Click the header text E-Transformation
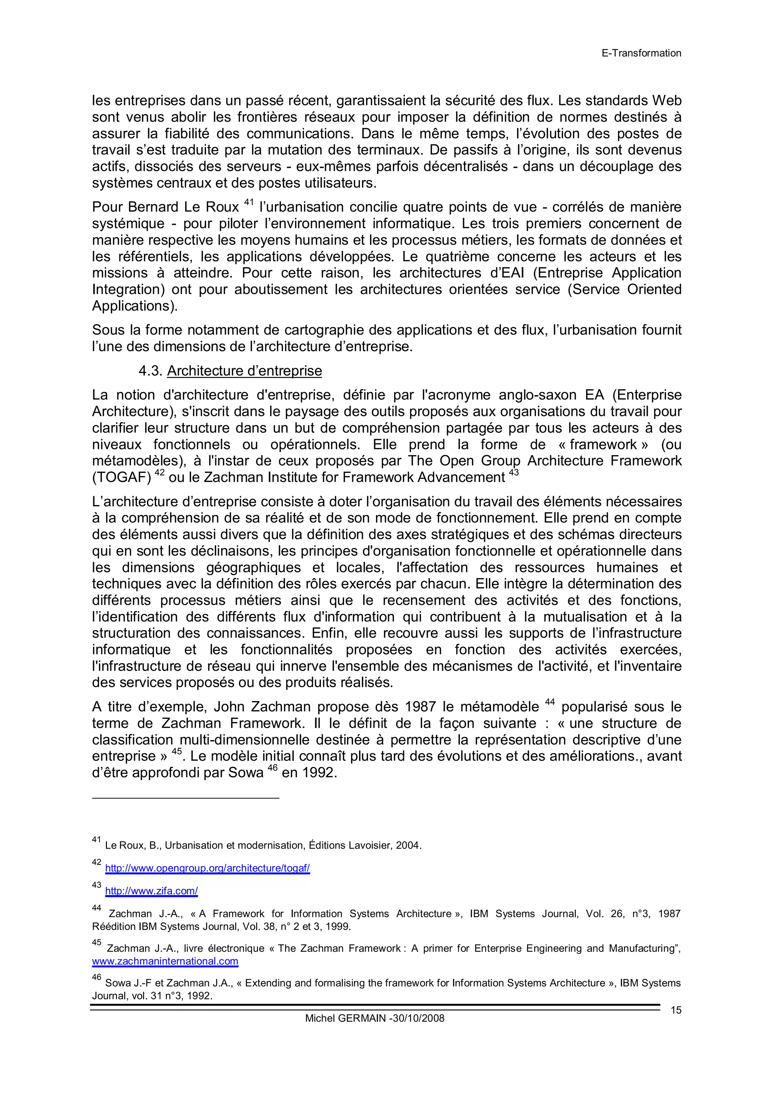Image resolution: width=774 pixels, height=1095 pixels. coord(641,53)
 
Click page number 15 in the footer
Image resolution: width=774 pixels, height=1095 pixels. coord(676,1010)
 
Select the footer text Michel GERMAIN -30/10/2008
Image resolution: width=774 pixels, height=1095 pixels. coord(375,1018)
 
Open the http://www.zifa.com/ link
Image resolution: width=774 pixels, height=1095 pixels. coord(151,891)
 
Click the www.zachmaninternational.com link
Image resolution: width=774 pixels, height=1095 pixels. coord(165,961)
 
